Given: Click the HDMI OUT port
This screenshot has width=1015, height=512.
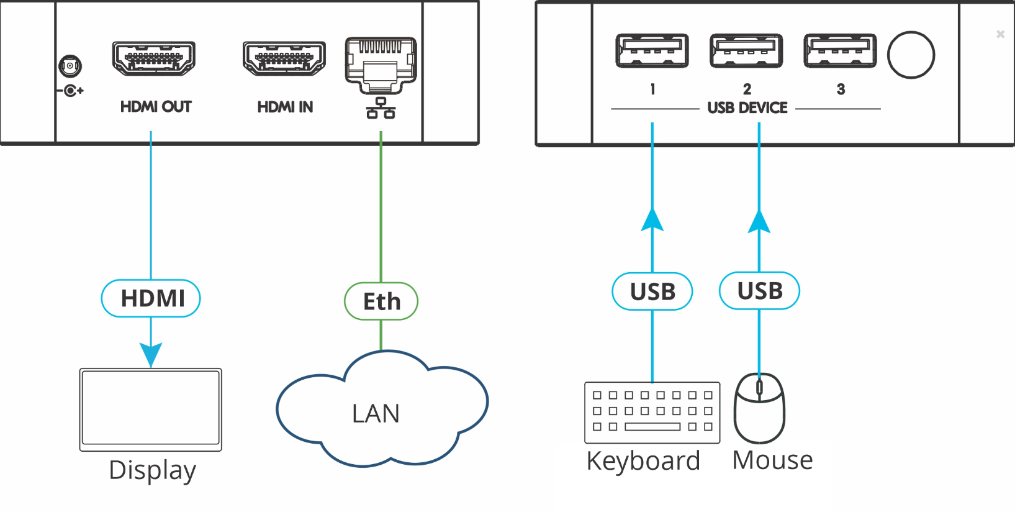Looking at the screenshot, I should (154, 58).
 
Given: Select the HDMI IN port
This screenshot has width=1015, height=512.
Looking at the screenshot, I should (284, 58).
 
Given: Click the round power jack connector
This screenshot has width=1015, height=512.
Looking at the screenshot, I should (70, 66).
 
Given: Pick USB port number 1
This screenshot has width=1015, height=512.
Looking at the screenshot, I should (652, 51).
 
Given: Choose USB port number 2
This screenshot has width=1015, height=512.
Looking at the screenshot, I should (746, 51).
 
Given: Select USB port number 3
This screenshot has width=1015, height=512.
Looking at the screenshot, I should (840, 51).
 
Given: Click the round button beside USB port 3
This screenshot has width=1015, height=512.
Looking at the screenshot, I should (911, 55).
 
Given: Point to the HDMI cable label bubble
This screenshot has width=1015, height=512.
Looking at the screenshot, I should (151, 298).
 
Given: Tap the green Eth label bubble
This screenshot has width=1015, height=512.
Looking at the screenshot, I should (381, 301).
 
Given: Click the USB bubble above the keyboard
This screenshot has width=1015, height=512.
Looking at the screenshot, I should (652, 291).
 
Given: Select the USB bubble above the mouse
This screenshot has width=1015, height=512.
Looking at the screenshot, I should (759, 291).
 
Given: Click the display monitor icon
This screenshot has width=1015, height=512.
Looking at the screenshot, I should (151, 409).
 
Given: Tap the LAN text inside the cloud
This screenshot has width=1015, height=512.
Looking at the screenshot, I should (376, 414).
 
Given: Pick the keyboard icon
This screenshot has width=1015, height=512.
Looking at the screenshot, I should (652, 412).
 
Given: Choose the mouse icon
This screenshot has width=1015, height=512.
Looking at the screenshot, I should (759, 408).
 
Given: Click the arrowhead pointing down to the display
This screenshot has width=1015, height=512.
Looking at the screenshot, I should (151, 354).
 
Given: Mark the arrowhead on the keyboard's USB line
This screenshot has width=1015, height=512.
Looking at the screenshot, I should (652, 220).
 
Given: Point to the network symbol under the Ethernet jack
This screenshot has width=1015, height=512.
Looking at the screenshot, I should (381, 108).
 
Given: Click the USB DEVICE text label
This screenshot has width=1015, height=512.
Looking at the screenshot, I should (747, 108).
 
